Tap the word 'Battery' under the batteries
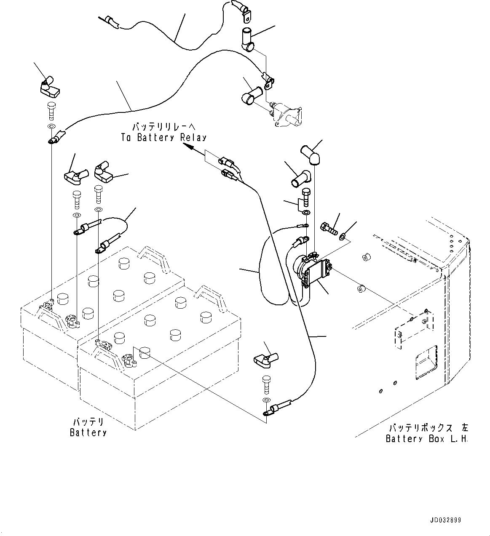(88, 432)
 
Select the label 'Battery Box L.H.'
(427, 439)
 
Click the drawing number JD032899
(445, 520)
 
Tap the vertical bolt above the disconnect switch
(306, 197)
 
